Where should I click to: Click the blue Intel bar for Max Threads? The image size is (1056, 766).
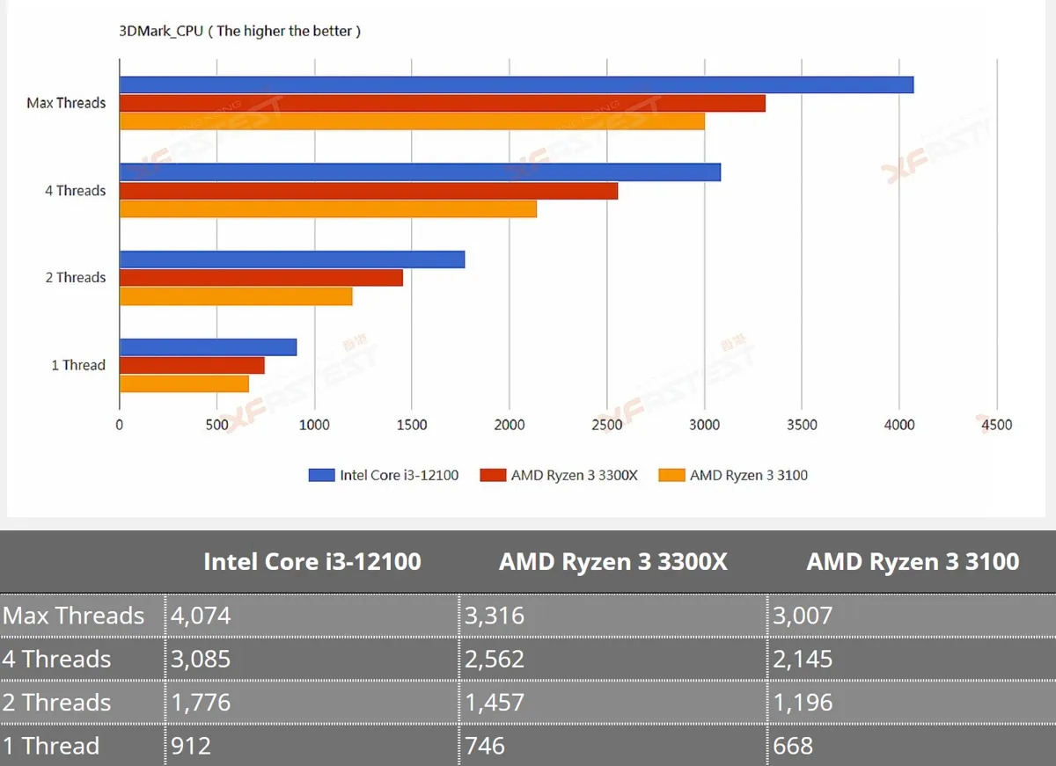[517, 84]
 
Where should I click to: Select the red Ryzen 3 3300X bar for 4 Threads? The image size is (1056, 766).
[369, 191]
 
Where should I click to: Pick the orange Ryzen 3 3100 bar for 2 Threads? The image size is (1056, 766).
[236, 296]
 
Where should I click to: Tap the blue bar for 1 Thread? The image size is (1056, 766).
[209, 347]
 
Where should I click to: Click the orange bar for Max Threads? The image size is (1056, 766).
[413, 121]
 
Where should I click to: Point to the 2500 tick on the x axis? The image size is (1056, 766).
[606, 425]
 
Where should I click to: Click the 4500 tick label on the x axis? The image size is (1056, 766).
[996, 425]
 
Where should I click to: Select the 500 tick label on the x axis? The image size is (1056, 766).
[216, 425]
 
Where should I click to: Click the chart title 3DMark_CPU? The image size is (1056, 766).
[161, 31]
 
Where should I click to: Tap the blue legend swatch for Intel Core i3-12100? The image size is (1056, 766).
[321, 475]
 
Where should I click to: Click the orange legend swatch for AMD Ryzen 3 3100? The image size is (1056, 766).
[671, 475]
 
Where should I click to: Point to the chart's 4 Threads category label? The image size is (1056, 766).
[76, 190]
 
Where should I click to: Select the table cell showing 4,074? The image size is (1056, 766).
[201, 616]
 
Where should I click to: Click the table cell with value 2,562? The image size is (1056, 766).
[495, 659]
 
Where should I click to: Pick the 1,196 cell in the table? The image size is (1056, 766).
[803, 702]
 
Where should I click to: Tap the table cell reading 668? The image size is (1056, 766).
[793, 746]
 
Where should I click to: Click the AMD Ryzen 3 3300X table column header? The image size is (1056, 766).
[612, 562]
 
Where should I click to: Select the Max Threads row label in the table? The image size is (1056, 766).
[73, 616]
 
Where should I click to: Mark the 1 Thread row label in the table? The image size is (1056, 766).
[51, 746]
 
